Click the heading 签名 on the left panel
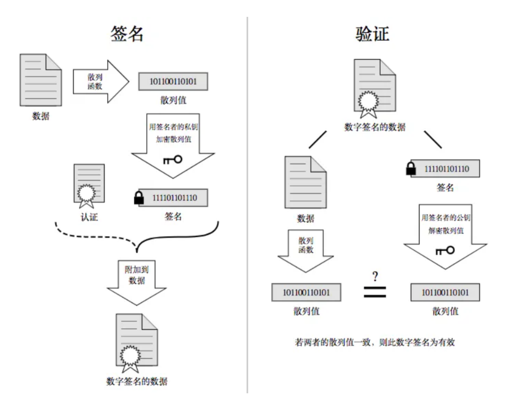click(x=127, y=34)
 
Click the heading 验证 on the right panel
click(x=372, y=34)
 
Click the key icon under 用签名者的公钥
click(x=445, y=250)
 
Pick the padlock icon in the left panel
click(x=139, y=198)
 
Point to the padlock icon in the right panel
click(x=411, y=169)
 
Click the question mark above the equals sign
click(x=375, y=277)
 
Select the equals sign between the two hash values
click(x=375, y=292)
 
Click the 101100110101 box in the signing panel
click(x=173, y=81)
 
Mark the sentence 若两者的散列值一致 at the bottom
click(x=375, y=342)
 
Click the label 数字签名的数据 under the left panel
click(x=137, y=381)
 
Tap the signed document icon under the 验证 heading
click(x=374, y=87)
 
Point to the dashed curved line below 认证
click(x=94, y=235)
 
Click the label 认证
click(x=89, y=217)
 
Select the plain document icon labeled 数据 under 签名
click(x=41, y=80)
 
